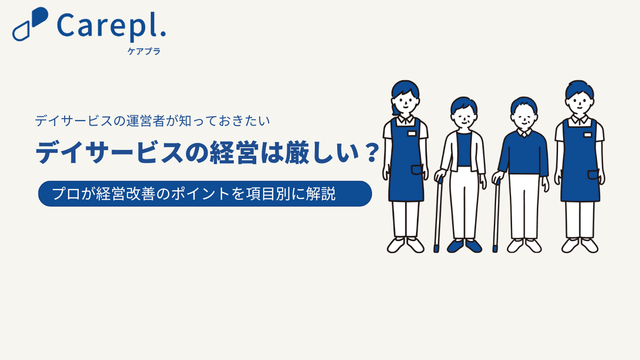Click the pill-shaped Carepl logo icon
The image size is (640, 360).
[30, 24]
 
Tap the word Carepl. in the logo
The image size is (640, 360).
[112, 26]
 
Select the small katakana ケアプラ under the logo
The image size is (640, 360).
[144, 51]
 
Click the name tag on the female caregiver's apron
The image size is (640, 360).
[412, 134]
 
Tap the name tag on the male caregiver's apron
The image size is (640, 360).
[588, 135]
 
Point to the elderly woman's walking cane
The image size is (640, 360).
[438, 215]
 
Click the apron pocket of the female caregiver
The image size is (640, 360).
[417, 170]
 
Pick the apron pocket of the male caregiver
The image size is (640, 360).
[593, 175]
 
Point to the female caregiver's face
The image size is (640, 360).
[405, 102]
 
